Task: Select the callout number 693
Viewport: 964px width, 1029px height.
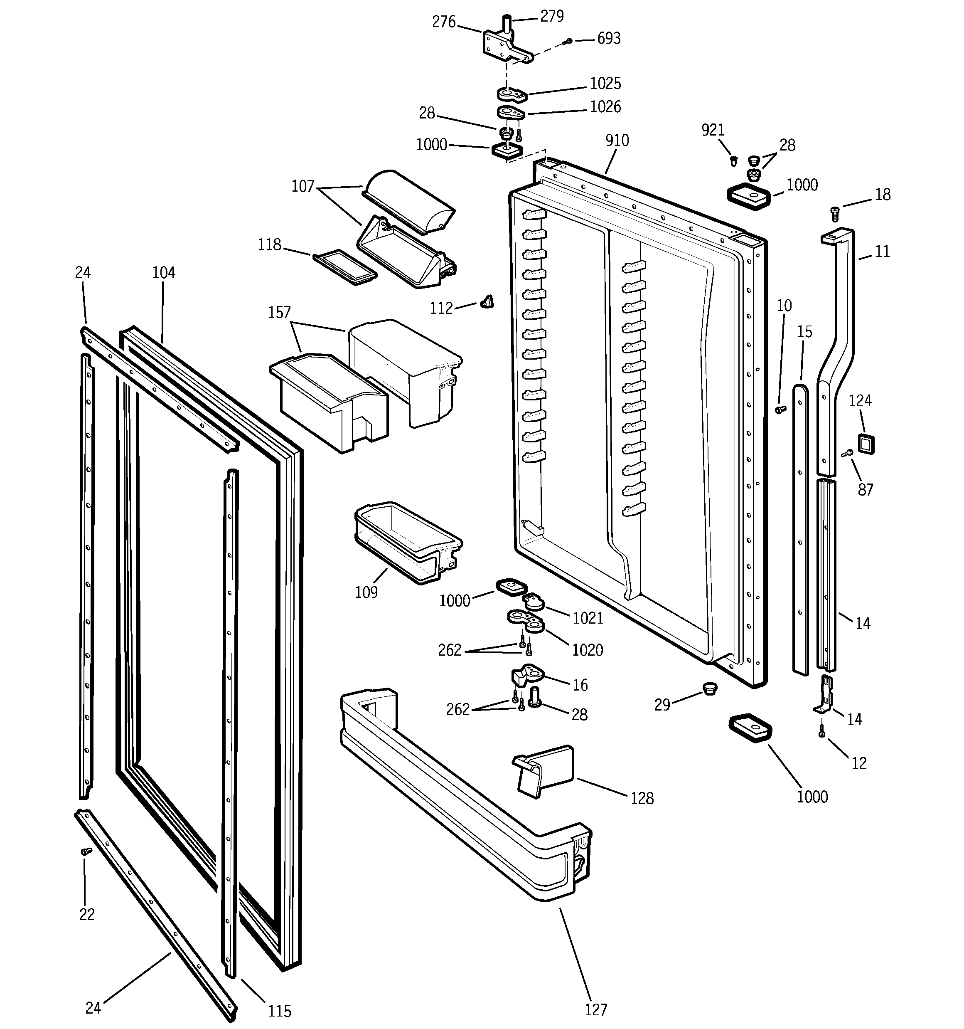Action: pyautogui.click(x=608, y=39)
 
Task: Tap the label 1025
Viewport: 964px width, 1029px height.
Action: pyautogui.click(x=605, y=83)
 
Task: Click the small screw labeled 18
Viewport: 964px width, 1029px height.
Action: pyautogui.click(x=834, y=212)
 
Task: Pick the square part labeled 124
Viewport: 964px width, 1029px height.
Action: pyautogui.click(x=866, y=444)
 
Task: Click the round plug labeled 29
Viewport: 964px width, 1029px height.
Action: pyautogui.click(x=711, y=688)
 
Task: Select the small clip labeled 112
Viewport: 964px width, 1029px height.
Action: pyautogui.click(x=487, y=301)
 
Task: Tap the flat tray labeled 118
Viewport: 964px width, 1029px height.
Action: pyautogui.click(x=344, y=267)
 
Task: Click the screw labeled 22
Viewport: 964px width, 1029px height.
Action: pyautogui.click(x=86, y=851)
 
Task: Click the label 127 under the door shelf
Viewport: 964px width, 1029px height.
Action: pyautogui.click(x=595, y=1009)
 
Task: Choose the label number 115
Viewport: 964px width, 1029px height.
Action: pyautogui.click(x=279, y=1011)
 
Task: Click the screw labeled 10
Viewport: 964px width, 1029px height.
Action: pyautogui.click(x=780, y=410)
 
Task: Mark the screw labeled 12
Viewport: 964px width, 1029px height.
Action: pyautogui.click(x=822, y=733)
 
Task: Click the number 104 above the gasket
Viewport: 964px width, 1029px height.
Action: pyautogui.click(x=164, y=273)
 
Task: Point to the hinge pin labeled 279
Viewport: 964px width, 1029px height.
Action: pyautogui.click(x=508, y=24)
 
